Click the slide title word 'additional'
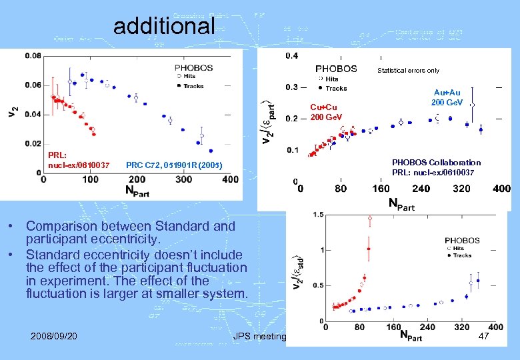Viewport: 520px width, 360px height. click(x=164, y=26)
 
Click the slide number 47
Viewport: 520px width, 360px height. click(x=483, y=337)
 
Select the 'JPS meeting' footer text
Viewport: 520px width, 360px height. click(x=259, y=337)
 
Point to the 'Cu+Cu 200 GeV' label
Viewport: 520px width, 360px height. click(x=324, y=112)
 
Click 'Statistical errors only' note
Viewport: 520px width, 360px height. click(x=408, y=70)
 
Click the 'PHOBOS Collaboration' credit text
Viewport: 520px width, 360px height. click(x=436, y=162)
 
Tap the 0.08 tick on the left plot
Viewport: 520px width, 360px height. click(x=31, y=57)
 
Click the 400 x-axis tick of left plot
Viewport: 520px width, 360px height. click(x=229, y=179)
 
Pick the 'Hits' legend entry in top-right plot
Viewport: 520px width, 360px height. click(x=331, y=79)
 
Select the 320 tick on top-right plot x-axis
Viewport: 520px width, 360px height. click(x=461, y=189)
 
